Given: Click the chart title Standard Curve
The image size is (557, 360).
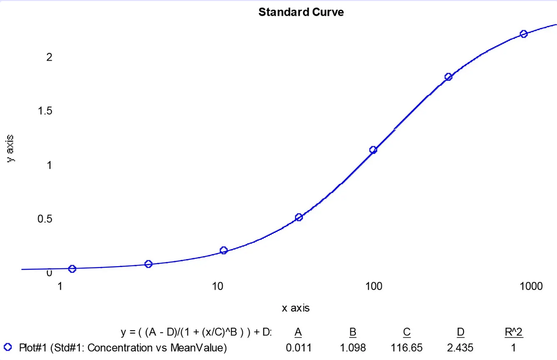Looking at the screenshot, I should click(301, 12).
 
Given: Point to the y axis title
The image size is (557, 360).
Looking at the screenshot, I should click(11, 148).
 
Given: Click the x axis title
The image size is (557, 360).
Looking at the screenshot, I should click(296, 308).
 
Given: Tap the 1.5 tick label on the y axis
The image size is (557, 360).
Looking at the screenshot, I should click(45, 111).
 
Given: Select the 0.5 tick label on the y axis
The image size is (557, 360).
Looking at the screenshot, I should click(45, 219).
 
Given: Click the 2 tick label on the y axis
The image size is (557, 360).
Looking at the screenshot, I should click(49, 57).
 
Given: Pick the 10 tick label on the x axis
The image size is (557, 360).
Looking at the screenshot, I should click(217, 286).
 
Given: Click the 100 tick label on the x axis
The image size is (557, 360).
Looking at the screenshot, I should click(374, 286).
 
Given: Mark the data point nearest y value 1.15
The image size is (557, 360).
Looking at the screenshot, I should click(373, 150).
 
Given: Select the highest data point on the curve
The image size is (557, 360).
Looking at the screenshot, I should click(524, 34).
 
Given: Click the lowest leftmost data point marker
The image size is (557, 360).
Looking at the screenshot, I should click(72, 269).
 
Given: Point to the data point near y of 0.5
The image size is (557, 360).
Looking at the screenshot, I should click(299, 217).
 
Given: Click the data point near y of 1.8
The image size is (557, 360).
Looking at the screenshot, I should click(448, 77).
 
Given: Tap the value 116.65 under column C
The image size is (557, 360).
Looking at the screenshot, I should click(406, 348).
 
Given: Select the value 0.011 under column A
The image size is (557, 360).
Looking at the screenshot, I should click(298, 348).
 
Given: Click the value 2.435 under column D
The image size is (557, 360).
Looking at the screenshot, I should click(460, 348).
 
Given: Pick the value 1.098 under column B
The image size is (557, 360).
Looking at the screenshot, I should click(352, 348).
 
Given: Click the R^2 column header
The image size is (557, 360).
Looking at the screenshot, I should click(513, 333).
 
